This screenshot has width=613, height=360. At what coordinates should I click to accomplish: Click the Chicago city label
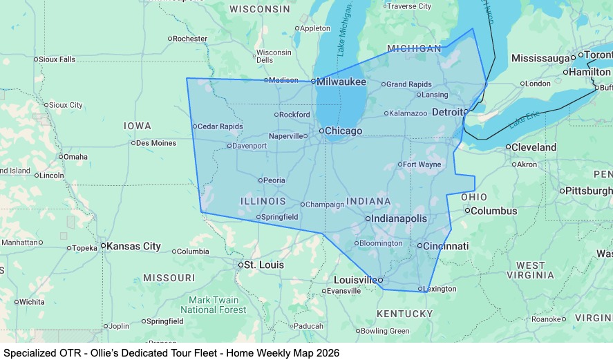[x=343, y=131]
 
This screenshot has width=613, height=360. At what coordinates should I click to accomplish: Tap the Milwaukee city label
[x=341, y=82]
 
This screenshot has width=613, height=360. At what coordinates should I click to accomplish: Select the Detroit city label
[x=447, y=112]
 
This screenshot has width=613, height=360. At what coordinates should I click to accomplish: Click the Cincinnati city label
[x=446, y=246]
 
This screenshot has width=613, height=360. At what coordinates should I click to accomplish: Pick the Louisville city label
[x=355, y=280]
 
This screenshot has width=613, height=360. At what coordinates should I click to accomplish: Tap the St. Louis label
[x=264, y=265]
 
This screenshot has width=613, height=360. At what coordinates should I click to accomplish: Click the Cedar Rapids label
[x=220, y=126]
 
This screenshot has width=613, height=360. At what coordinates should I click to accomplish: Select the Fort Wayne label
[x=422, y=164]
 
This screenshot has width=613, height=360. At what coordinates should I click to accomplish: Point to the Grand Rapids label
[x=408, y=84]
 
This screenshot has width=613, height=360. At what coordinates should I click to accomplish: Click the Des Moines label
[x=156, y=143]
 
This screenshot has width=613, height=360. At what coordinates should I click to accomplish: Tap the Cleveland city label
[x=534, y=147]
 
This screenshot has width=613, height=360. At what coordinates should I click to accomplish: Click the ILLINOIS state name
[x=263, y=201]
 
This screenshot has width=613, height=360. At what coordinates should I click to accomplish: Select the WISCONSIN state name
[x=260, y=9]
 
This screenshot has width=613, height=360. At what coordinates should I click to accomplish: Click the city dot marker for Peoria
[x=261, y=180]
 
